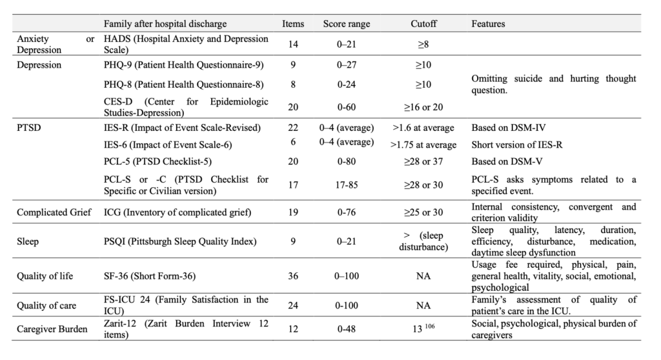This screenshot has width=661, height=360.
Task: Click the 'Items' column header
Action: [x=293, y=24]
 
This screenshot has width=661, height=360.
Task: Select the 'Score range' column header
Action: [x=347, y=24]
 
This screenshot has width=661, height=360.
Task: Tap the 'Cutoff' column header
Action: [x=423, y=24]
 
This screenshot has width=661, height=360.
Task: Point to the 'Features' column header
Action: [x=488, y=24]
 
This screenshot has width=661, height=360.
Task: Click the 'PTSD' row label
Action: [x=28, y=128]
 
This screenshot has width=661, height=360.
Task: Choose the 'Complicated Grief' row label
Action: [x=54, y=212]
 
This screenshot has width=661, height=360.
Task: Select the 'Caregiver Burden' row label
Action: [x=52, y=329]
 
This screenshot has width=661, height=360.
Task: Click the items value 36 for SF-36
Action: [x=293, y=276]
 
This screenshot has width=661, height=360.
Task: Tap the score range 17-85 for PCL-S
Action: [x=347, y=185]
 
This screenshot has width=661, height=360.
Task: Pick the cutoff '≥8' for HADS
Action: [x=423, y=45]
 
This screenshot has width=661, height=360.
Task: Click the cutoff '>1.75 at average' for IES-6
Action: [x=423, y=145]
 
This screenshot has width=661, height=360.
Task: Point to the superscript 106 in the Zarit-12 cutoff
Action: [x=429, y=326]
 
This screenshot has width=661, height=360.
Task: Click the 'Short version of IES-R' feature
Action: [x=517, y=145]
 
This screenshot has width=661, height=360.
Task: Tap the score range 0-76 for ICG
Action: [x=347, y=212]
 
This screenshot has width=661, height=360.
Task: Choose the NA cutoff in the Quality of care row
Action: [x=423, y=305]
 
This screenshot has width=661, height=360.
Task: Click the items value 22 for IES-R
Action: [x=293, y=128]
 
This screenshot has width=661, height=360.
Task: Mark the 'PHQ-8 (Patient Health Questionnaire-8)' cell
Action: [x=184, y=85]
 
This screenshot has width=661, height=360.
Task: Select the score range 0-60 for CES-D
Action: [x=347, y=107]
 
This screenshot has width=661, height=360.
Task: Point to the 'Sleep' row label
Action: [x=28, y=241]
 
